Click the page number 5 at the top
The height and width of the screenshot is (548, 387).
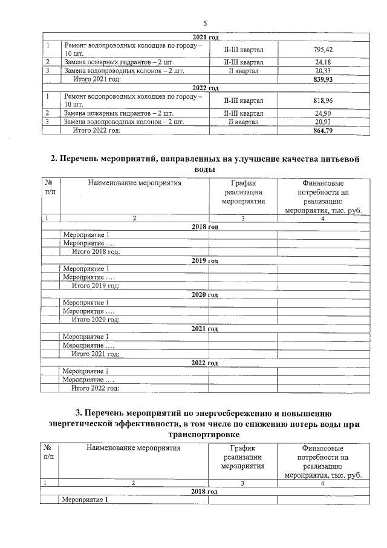pyautogui.click(x=205, y=23)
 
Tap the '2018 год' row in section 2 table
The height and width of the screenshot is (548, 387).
pyautogui.click(x=204, y=226)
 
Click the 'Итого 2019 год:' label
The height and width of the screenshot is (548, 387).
pyautogui.click(x=96, y=285)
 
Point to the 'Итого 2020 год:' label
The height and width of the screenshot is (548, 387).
pyautogui.click(x=96, y=319)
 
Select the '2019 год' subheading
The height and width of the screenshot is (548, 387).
pyautogui.click(x=204, y=260)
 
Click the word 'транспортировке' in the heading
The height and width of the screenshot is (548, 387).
pyautogui.click(x=204, y=435)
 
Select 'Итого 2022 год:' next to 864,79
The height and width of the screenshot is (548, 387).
pyautogui.click(x=97, y=130)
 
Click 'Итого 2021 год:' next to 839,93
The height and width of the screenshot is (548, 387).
pyautogui.click(x=97, y=79)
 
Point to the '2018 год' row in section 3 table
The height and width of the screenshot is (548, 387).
pyautogui.click(x=204, y=491)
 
